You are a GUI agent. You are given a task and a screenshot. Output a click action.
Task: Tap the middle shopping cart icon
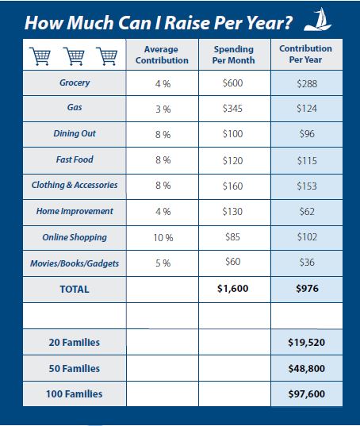coord(74,56)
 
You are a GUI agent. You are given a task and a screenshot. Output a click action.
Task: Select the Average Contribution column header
coord(162,55)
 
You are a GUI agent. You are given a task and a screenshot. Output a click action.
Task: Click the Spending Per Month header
coord(233,55)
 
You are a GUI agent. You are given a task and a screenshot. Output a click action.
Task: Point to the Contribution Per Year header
coord(306,54)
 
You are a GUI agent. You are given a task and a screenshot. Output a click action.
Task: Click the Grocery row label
coord(75,83)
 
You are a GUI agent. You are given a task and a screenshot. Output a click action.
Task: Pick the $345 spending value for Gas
coord(232,109)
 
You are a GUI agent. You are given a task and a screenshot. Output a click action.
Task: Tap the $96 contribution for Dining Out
coord(307,133)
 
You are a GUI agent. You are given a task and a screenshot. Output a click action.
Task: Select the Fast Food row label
coord(75,159)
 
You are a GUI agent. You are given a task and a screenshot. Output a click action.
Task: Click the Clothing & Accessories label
coord(75,185)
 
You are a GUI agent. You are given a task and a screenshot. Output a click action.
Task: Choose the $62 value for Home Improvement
coord(307,211)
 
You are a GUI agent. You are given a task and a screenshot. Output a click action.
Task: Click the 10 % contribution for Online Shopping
coord(163,238)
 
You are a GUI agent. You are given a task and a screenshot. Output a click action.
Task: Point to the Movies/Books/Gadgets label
coord(75,263)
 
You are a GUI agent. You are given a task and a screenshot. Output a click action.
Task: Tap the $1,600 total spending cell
coord(232,288)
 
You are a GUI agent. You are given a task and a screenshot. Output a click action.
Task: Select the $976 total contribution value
coord(307,288)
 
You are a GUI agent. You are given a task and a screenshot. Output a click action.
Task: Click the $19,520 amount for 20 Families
coord(307,343)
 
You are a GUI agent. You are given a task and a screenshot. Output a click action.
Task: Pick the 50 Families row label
coord(75,368)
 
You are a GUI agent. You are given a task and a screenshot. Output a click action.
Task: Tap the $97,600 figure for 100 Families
coord(307,394)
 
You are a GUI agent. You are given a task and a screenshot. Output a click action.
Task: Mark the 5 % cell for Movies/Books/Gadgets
coord(163,263)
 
